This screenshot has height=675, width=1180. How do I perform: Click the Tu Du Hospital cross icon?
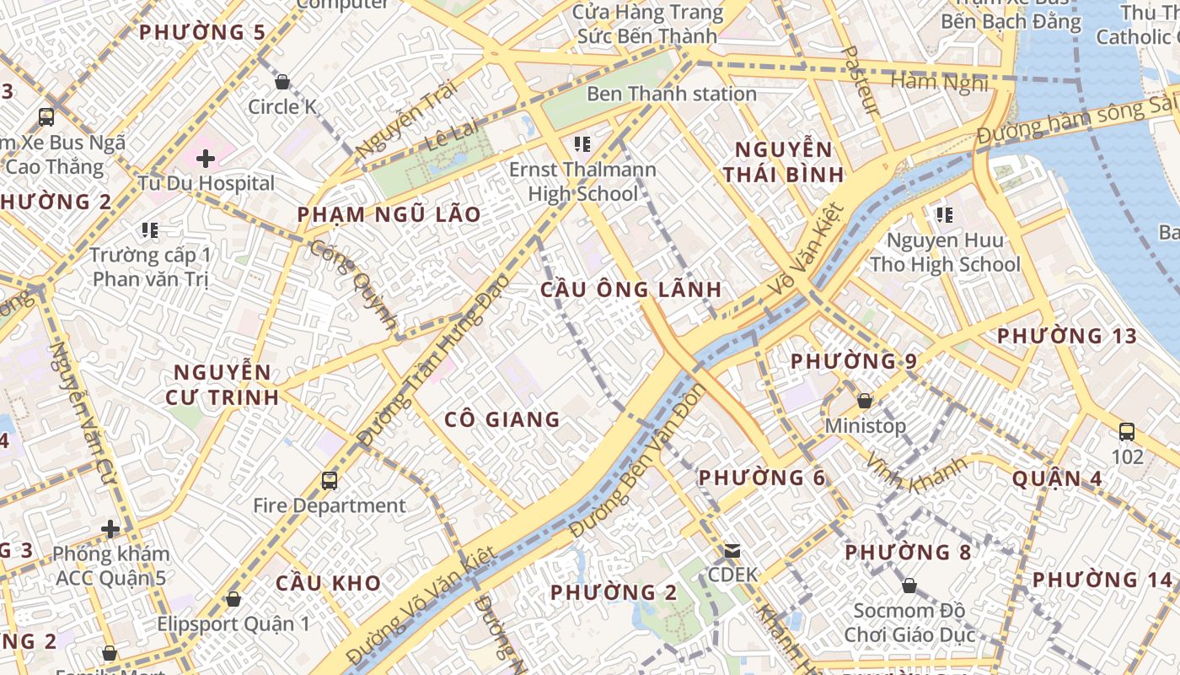click(206, 158)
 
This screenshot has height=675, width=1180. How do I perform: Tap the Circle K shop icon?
click(282, 82)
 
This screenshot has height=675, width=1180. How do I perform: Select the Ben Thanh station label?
click(671, 94)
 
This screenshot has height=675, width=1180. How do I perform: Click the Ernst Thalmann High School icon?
click(582, 144)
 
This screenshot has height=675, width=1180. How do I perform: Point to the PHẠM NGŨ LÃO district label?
click(389, 214)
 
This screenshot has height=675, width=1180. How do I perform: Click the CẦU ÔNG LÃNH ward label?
click(630, 289)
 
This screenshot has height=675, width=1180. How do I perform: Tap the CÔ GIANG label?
click(501, 418)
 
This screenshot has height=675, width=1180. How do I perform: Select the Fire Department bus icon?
click(330, 481)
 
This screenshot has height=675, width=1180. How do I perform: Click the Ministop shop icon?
click(865, 401)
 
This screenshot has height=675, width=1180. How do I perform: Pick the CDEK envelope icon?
click(732, 551)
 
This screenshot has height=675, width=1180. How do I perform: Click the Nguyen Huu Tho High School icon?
click(944, 216)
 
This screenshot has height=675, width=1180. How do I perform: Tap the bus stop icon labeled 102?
click(1127, 432)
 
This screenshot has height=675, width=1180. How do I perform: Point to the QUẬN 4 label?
click(1056, 479)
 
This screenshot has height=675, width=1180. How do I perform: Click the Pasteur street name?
click(861, 81)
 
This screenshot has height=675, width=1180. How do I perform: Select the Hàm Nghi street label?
click(939, 82)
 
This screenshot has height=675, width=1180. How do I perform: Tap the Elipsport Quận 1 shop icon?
click(233, 599)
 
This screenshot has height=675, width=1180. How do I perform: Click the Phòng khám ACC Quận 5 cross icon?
click(110, 529)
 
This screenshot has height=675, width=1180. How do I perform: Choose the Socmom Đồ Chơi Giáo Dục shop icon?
click(909, 585)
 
